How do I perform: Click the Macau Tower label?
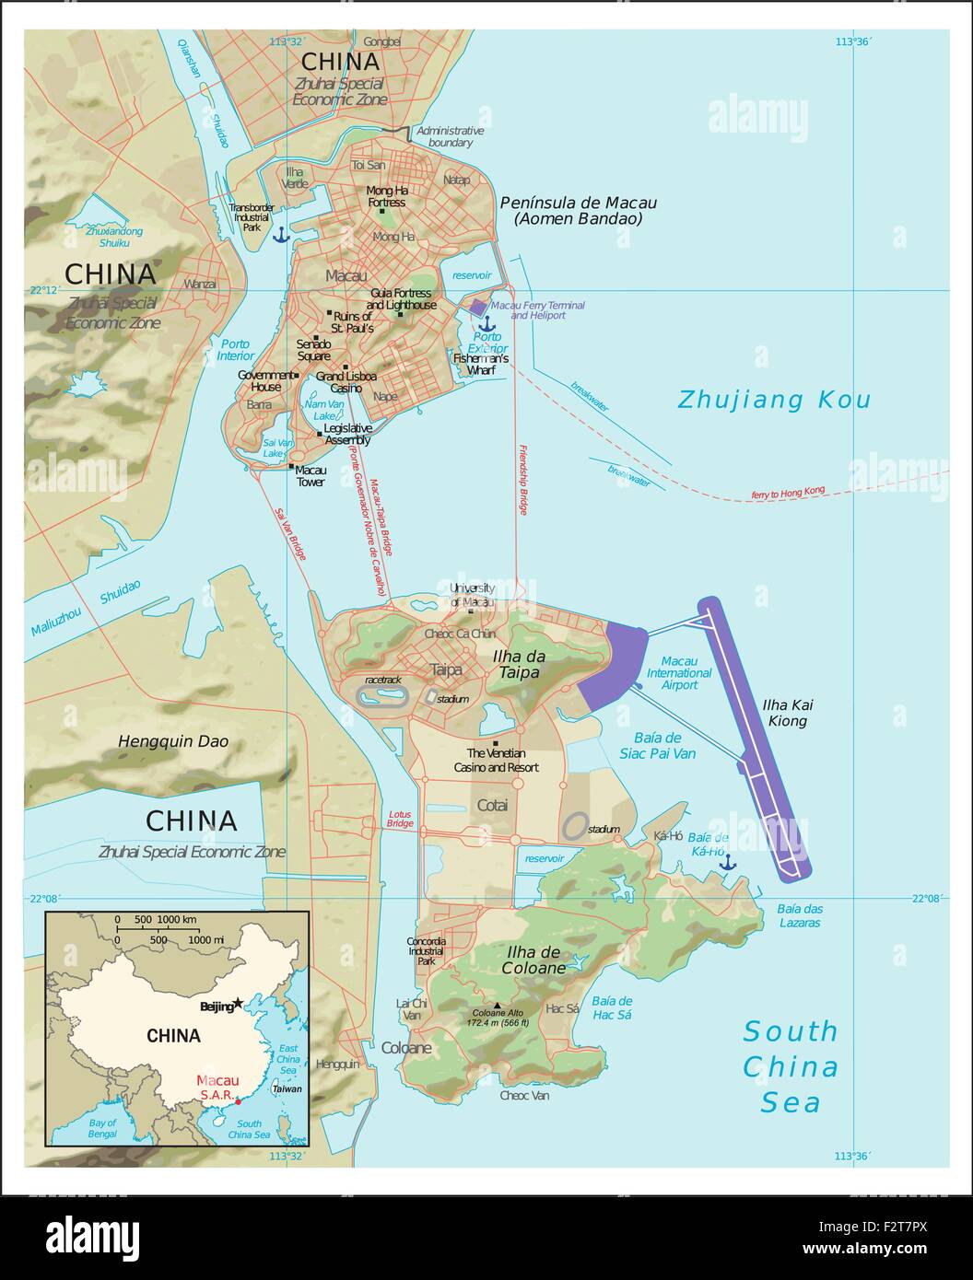click(x=311, y=476)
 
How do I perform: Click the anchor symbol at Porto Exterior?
click(x=485, y=323)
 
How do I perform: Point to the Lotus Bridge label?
click(x=399, y=819)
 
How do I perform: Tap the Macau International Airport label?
click(x=679, y=673)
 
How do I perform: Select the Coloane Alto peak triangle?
click(x=498, y=1006)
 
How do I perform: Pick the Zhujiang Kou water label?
click(x=773, y=400)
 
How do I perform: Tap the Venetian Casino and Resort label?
click(x=496, y=760)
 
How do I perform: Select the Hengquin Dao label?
click(x=173, y=741)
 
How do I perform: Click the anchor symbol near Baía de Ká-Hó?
click(x=727, y=862)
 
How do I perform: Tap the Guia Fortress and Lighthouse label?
click(x=401, y=299)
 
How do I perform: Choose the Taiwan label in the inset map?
click(x=287, y=1088)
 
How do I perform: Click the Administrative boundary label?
click(x=450, y=136)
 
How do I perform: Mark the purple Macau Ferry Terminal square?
click(x=477, y=308)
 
